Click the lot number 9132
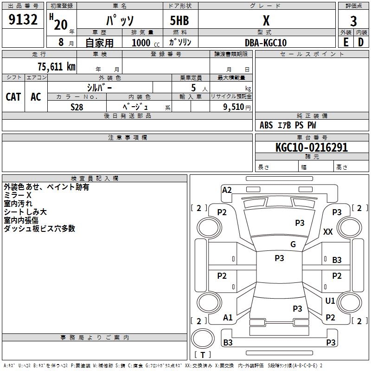pyautogui.click(x=23, y=21)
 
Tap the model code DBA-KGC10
pyautogui.click(x=266, y=43)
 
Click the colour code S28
pyautogui.click(x=77, y=107)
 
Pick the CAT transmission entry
pyautogui.click(x=13, y=96)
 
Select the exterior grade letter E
pyautogui.click(x=345, y=42)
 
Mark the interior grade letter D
pyautogui.click(x=361, y=42)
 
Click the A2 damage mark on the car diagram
pyautogui.click(x=227, y=190)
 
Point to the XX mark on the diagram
pyautogui.click(x=328, y=231)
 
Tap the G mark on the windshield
pyautogui.click(x=293, y=244)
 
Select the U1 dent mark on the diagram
pyautogui.click(x=330, y=301)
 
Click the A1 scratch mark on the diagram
pyautogui.click(x=228, y=318)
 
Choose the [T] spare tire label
pyautogui.click(x=203, y=355)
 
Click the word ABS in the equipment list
pyautogui.click(x=266, y=125)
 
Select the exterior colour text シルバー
pyautogui.click(x=99, y=87)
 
